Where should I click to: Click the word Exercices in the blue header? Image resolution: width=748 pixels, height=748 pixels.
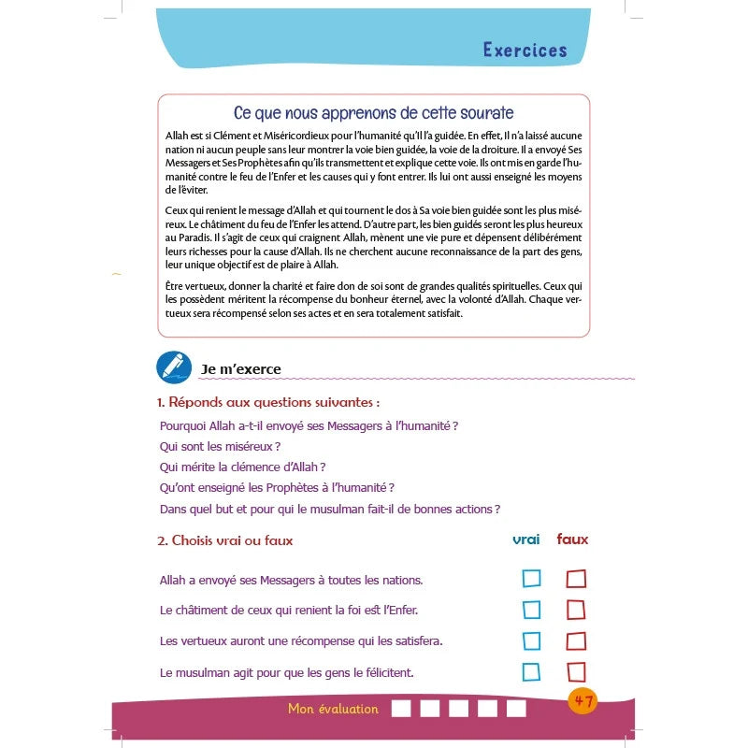[x=525, y=50]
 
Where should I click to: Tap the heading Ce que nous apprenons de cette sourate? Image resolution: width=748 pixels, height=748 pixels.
[x=373, y=113]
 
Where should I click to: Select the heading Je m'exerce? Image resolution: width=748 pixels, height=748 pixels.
[x=240, y=369]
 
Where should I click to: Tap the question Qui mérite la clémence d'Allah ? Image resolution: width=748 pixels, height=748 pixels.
[x=242, y=467]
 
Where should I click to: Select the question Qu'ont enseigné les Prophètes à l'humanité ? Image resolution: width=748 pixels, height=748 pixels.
[x=277, y=487]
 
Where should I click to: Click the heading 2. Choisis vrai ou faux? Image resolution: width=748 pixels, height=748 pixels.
[x=224, y=540]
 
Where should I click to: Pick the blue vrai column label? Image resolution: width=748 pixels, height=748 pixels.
[x=526, y=539]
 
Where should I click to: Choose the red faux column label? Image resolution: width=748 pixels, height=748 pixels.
[x=572, y=539]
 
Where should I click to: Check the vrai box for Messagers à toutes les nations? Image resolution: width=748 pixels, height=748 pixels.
[x=531, y=579]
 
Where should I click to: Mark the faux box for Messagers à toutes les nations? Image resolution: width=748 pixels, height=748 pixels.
[x=576, y=579]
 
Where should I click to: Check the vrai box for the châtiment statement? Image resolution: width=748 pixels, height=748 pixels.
[x=531, y=610]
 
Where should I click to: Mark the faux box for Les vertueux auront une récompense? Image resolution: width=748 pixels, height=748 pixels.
[x=576, y=641]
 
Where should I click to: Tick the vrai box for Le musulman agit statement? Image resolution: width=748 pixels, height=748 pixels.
[x=531, y=671]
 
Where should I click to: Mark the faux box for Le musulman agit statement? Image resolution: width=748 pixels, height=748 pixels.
[x=576, y=671]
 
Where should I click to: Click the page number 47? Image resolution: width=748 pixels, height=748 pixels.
[x=583, y=701]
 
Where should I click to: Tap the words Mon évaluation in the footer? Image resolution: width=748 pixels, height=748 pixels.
[x=333, y=709]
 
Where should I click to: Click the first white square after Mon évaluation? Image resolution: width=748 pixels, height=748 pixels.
[x=400, y=709]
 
